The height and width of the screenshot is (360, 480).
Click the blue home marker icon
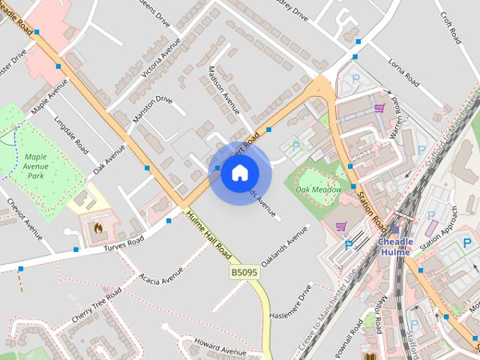coord(238,173)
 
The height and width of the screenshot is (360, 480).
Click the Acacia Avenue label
coord(161,277)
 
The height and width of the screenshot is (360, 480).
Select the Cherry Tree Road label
coord(95,307)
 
